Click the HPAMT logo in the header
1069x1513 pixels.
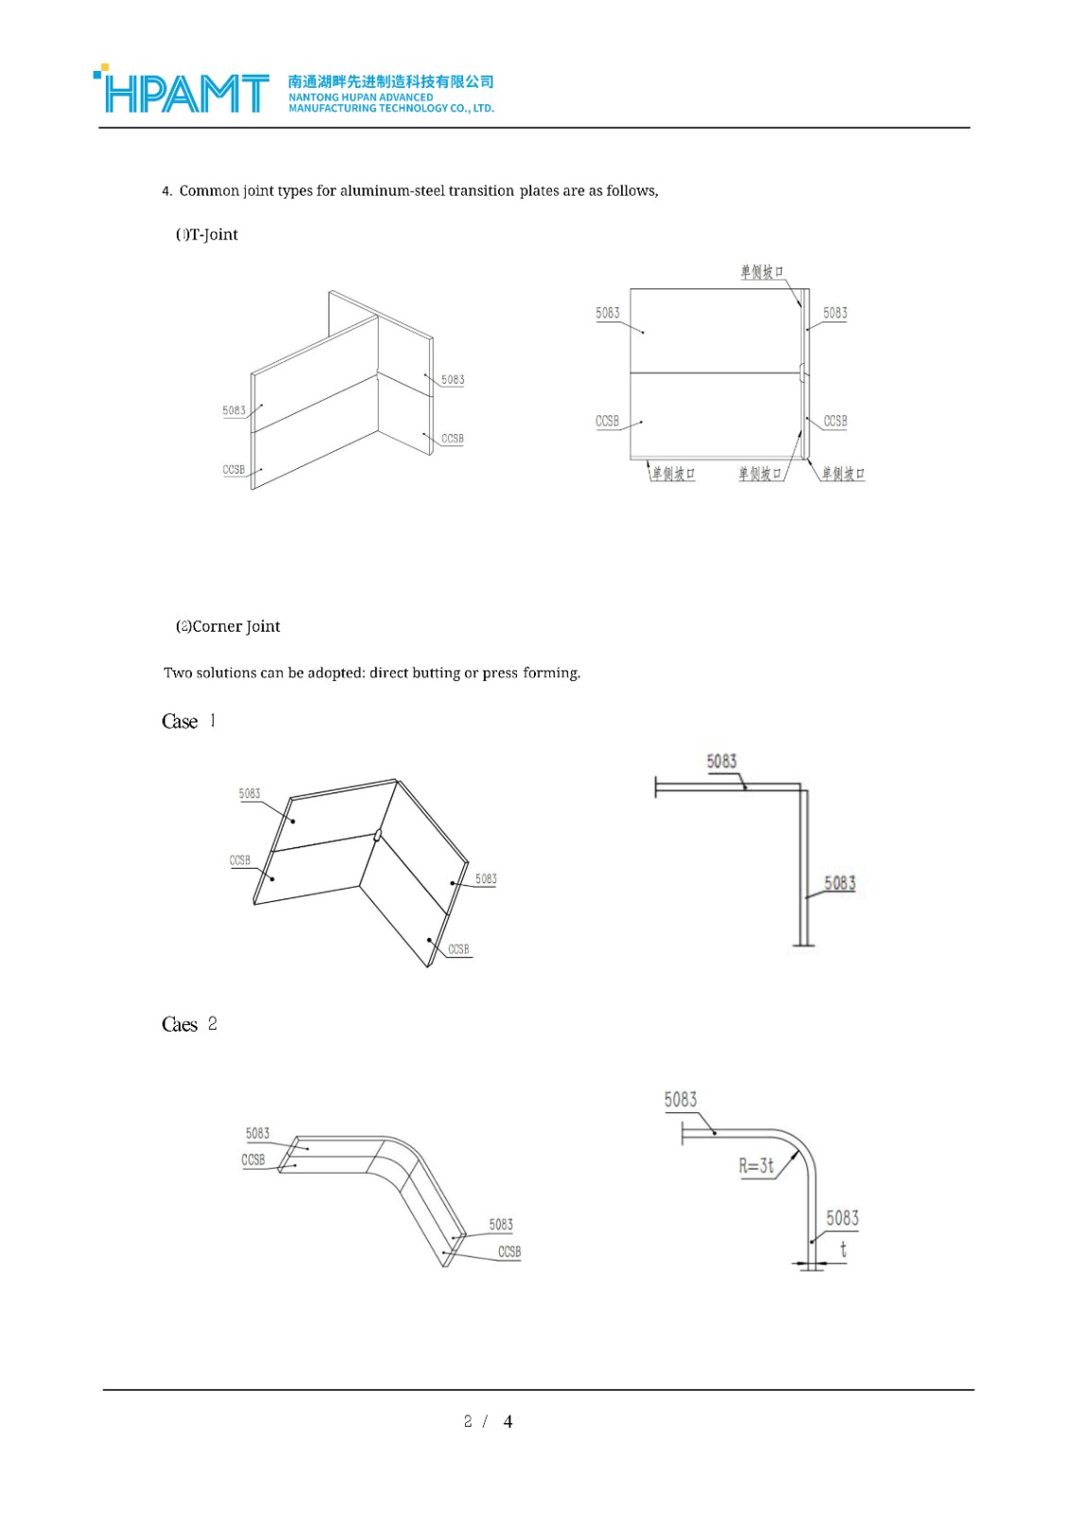(x=182, y=92)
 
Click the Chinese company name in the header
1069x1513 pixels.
(x=390, y=81)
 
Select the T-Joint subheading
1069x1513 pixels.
(x=207, y=235)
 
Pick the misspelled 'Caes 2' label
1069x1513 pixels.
(x=189, y=1024)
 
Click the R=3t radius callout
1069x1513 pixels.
(x=756, y=1165)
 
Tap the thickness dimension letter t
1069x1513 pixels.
(x=843, y=1250)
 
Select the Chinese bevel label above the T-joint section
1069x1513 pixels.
(x=762, y=272)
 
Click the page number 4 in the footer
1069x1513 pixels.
(x=508, y=1421)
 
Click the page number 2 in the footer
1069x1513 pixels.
(x=468, y=1421)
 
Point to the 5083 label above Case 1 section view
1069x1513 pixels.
(x=721, y=761)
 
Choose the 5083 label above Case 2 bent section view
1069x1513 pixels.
(x=681, y=1099)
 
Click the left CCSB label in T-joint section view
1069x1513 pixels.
(x=607, y=421)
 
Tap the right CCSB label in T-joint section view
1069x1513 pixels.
(x=836, y=421)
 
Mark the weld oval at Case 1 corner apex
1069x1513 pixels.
(x=377, y=835)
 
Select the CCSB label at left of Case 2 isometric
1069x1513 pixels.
(x=253, y=1159)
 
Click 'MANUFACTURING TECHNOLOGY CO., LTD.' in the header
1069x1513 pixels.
(x=390, y=109)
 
